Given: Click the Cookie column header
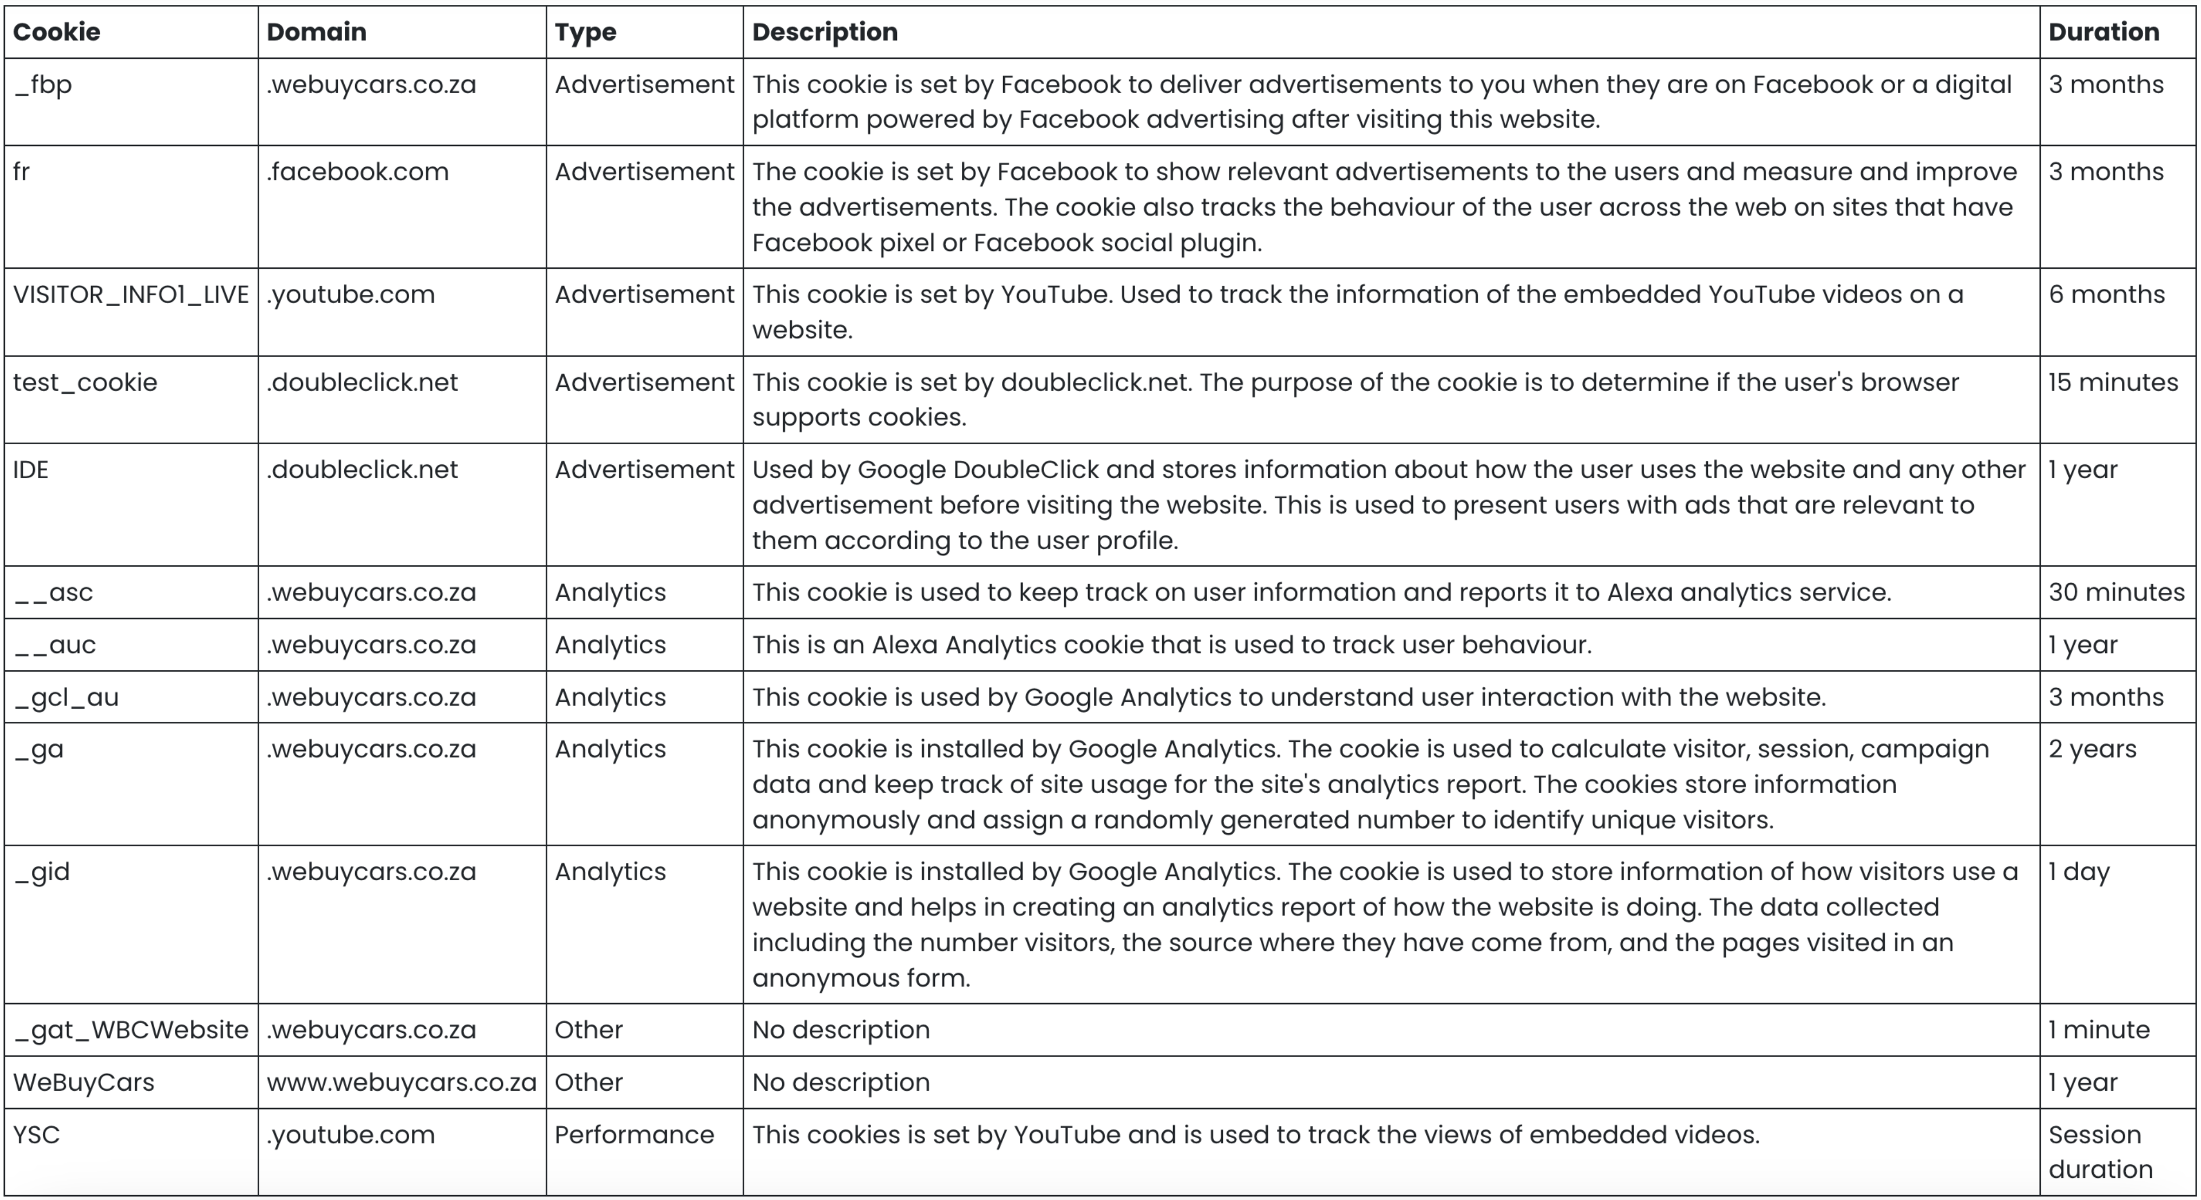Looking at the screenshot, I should pos(56,32).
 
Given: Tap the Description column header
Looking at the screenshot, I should pos(824,32).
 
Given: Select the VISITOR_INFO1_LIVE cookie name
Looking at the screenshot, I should pos(130,295).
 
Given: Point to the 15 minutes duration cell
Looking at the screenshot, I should pos(2112,383).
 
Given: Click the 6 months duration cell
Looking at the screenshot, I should pos(2106,295).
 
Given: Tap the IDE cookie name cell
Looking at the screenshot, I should pos(31,470).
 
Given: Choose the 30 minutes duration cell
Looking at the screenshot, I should pos(2115,593).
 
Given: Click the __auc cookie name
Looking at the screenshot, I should pos(55,645).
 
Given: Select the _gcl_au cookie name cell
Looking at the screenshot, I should pos(67,698).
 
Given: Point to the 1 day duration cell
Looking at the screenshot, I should pos(2079,872).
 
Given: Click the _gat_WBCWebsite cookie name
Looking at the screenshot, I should pos(130,1030).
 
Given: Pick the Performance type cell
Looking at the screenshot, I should pos(634,1135).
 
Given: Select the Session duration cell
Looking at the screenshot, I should pos(2100,1152).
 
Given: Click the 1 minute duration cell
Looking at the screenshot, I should pos(2099,1030).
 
